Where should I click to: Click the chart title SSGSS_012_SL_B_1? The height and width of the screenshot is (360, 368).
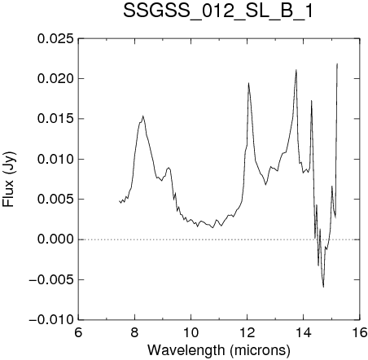218,11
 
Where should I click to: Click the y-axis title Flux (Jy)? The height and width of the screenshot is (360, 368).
9,179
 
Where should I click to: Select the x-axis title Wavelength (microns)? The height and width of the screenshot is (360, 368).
219,350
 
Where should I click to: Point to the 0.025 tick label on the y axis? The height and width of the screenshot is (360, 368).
55,39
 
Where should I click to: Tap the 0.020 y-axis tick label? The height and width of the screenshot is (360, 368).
55,79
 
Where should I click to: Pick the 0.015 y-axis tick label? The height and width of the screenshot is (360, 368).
55,119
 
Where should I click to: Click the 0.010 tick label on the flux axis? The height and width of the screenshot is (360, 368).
55,159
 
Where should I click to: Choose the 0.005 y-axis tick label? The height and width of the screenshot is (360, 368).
55,200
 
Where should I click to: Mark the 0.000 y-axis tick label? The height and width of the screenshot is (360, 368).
55,239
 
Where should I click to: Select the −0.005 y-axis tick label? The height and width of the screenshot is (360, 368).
51,279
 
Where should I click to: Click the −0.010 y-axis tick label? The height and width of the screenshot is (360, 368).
51,320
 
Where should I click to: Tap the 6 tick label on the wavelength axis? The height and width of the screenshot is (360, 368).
78,332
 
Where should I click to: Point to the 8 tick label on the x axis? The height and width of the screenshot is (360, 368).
134,332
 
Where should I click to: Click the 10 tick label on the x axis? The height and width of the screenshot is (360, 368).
191,332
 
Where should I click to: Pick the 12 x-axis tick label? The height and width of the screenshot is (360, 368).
248,332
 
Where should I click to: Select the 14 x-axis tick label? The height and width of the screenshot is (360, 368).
304,332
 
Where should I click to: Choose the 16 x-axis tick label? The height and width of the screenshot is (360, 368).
360,332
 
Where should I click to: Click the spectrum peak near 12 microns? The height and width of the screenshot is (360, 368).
248,83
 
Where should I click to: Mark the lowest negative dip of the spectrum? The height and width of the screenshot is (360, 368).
323,287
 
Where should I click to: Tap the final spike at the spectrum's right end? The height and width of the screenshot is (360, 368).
337,64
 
